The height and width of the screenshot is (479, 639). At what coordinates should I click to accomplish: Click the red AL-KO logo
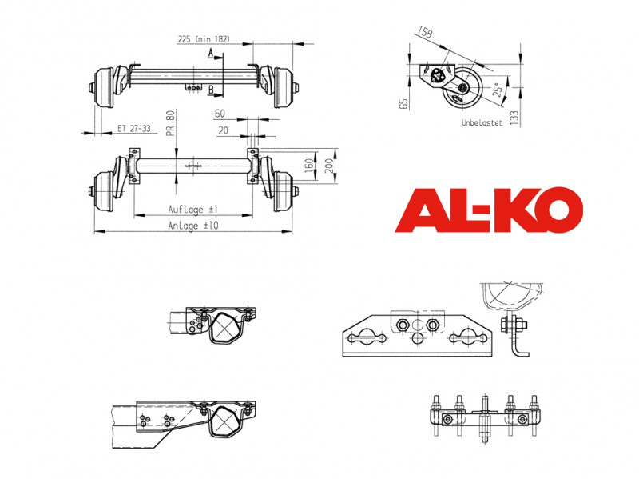point(489,210)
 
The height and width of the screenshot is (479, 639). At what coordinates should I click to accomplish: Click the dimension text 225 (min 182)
point(204,39)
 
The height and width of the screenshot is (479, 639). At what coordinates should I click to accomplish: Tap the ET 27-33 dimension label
point(134,128)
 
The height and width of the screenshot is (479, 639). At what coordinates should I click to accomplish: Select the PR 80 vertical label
point(170,123)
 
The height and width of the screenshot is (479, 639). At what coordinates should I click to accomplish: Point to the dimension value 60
point(220,114)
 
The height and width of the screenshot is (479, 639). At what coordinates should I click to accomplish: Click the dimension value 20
point(223,130)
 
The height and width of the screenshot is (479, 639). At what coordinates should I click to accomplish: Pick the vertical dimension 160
point(309,166)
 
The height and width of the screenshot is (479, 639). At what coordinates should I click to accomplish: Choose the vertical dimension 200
point(329,166)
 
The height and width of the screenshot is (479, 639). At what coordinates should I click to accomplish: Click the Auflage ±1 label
point(193,210)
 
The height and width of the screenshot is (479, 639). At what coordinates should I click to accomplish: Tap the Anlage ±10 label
point(193,226)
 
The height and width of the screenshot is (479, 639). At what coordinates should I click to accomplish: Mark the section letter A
point(211,53)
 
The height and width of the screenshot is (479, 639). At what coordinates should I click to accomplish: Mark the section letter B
point(211,89)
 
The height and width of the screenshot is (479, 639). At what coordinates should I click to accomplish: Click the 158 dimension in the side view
point(425,32)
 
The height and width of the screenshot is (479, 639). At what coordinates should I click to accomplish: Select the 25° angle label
point(498,89)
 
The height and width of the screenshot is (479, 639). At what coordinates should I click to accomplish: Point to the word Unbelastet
point(482,122)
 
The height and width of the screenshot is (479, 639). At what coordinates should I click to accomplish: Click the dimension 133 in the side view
point(514,118)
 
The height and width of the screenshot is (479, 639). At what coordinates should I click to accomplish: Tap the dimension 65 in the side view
point(403,104)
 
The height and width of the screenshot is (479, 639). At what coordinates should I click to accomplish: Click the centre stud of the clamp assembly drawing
point(485,420)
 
